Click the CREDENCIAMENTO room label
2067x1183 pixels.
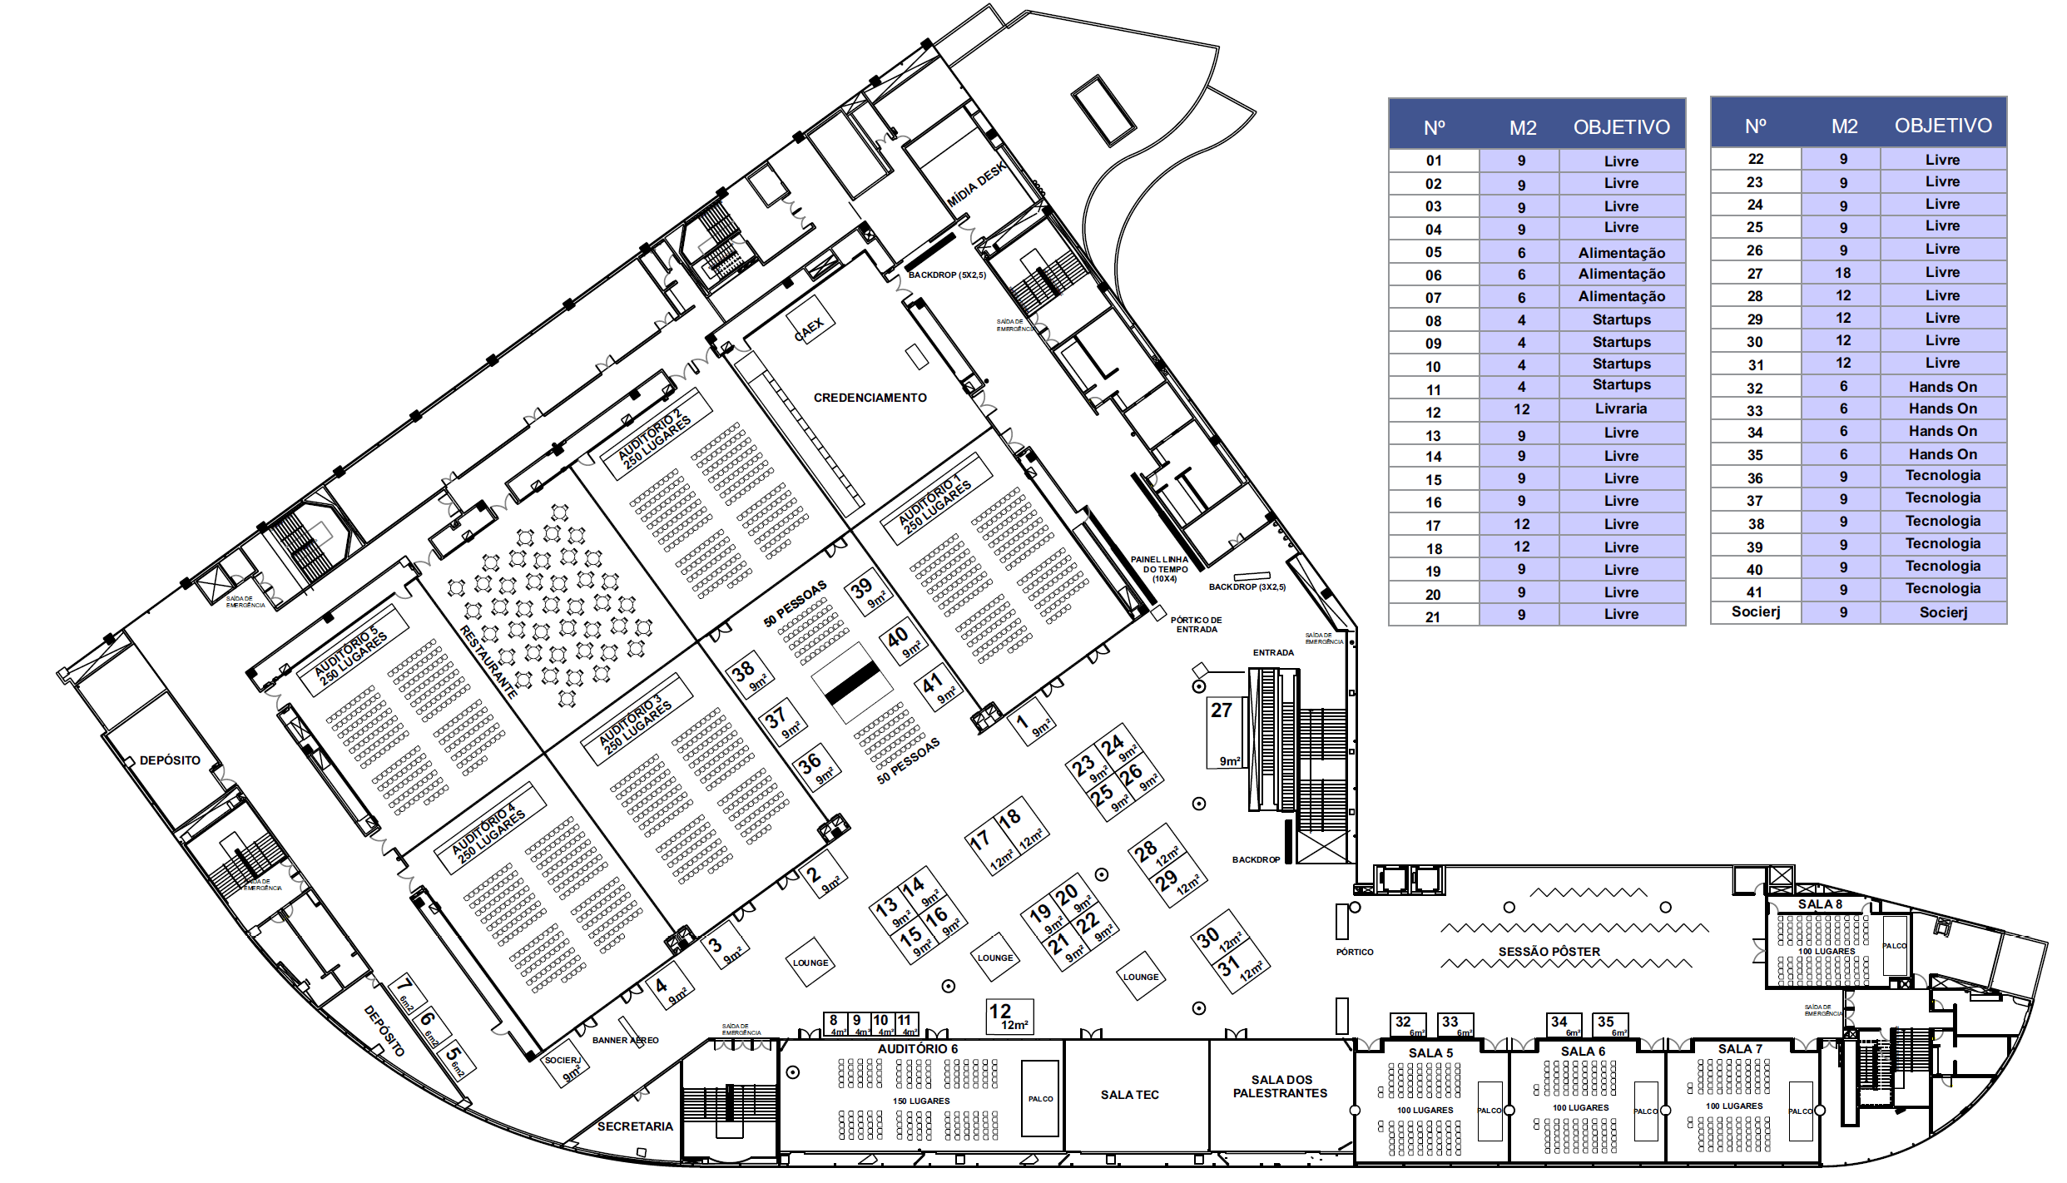coord(870,398)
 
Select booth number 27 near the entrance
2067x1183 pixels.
coord(1224,732)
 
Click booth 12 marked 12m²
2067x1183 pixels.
coord(1009,1016)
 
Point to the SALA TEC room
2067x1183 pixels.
coord(1129,1095)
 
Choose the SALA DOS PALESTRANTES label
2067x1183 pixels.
coord(1281,1086)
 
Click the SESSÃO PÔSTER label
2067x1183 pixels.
coord(1549,952)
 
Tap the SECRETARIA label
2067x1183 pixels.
coord(635,1126)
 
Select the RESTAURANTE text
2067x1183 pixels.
coord(488,661)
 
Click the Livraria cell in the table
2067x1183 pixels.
coord(1620,409)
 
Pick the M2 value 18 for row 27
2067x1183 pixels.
coord(1843,273)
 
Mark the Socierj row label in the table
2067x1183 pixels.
coord(1755,612)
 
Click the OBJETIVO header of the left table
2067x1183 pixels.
coord(1621,127)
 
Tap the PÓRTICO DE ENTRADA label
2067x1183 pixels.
coord(1196,625)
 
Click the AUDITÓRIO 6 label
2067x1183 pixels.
coord(917,1049)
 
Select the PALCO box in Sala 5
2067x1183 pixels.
coord(1489,1111)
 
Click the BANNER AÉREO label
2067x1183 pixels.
coord(625,1040)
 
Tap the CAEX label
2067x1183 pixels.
coord(809,329)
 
